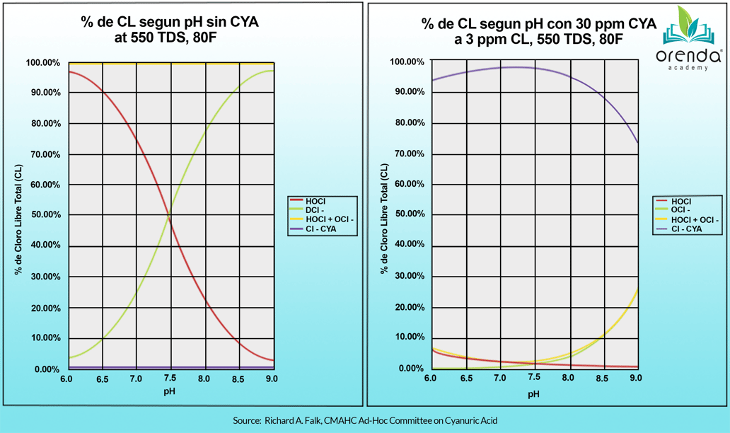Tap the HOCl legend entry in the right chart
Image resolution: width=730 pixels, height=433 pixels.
[681, 202]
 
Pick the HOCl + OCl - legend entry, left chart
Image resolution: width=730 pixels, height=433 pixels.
[330, 220]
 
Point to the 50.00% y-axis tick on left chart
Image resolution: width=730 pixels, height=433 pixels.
[43, 215]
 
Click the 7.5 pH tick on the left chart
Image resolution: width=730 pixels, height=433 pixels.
[169, 379]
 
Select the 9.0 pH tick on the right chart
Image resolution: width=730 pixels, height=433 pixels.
[636, 379]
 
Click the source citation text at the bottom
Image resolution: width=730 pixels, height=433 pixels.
[365, 421]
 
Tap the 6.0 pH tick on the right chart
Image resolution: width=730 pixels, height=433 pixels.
[430, 379]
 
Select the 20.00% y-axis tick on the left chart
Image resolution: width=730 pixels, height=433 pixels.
[43, 308]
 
